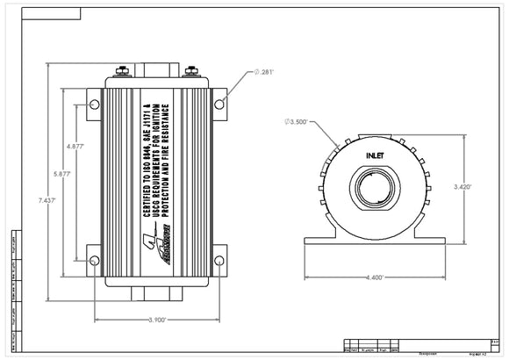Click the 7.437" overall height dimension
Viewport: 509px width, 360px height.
(x=47, y=200)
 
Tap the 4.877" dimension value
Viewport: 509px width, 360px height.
(x=75, y=147)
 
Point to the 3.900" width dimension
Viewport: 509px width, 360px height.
(x=157, y=320)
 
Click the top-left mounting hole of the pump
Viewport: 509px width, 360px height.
(x=95, y=104)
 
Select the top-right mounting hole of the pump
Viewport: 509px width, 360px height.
(x=219, y=104)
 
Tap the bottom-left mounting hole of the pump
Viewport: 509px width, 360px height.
(x=95, y=260)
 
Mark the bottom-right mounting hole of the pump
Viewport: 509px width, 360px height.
(x=219, y=260)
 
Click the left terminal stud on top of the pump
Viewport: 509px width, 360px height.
(x=122, y=70)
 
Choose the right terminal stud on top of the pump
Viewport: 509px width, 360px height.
(x=192, y=70)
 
